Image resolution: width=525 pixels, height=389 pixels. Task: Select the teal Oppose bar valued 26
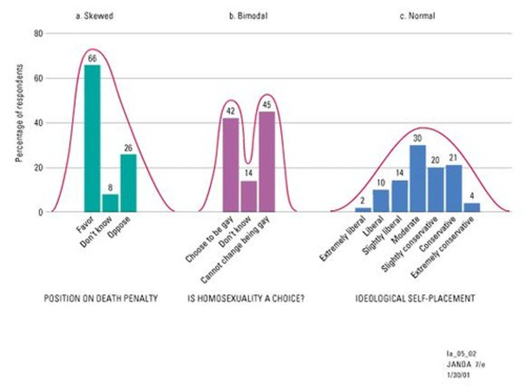[128, 183]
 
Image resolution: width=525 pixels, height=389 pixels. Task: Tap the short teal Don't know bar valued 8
[110, 203]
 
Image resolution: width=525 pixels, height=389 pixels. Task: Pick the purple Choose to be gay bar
[230, 165]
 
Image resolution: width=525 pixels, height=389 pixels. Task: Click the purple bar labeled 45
[267, 161]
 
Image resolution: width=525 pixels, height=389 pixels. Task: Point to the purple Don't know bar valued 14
[249, 197]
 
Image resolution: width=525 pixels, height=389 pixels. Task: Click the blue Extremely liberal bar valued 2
[363, 210]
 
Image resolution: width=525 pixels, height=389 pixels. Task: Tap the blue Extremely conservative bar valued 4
[472, 207]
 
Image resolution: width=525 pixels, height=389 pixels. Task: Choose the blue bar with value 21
[454, 188]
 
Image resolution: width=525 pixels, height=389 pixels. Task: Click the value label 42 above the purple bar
[230, 111]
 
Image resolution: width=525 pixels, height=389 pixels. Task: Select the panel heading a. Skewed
[94, 16]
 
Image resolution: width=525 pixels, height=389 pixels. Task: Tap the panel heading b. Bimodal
[248, 16]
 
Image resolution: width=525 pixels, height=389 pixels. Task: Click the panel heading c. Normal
[417, 16]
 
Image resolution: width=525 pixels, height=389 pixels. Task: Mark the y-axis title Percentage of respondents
[20, 113]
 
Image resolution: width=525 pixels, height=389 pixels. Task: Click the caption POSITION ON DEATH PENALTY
[101, 298]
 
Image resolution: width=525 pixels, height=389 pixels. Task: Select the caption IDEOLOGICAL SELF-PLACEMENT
[415, 298]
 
